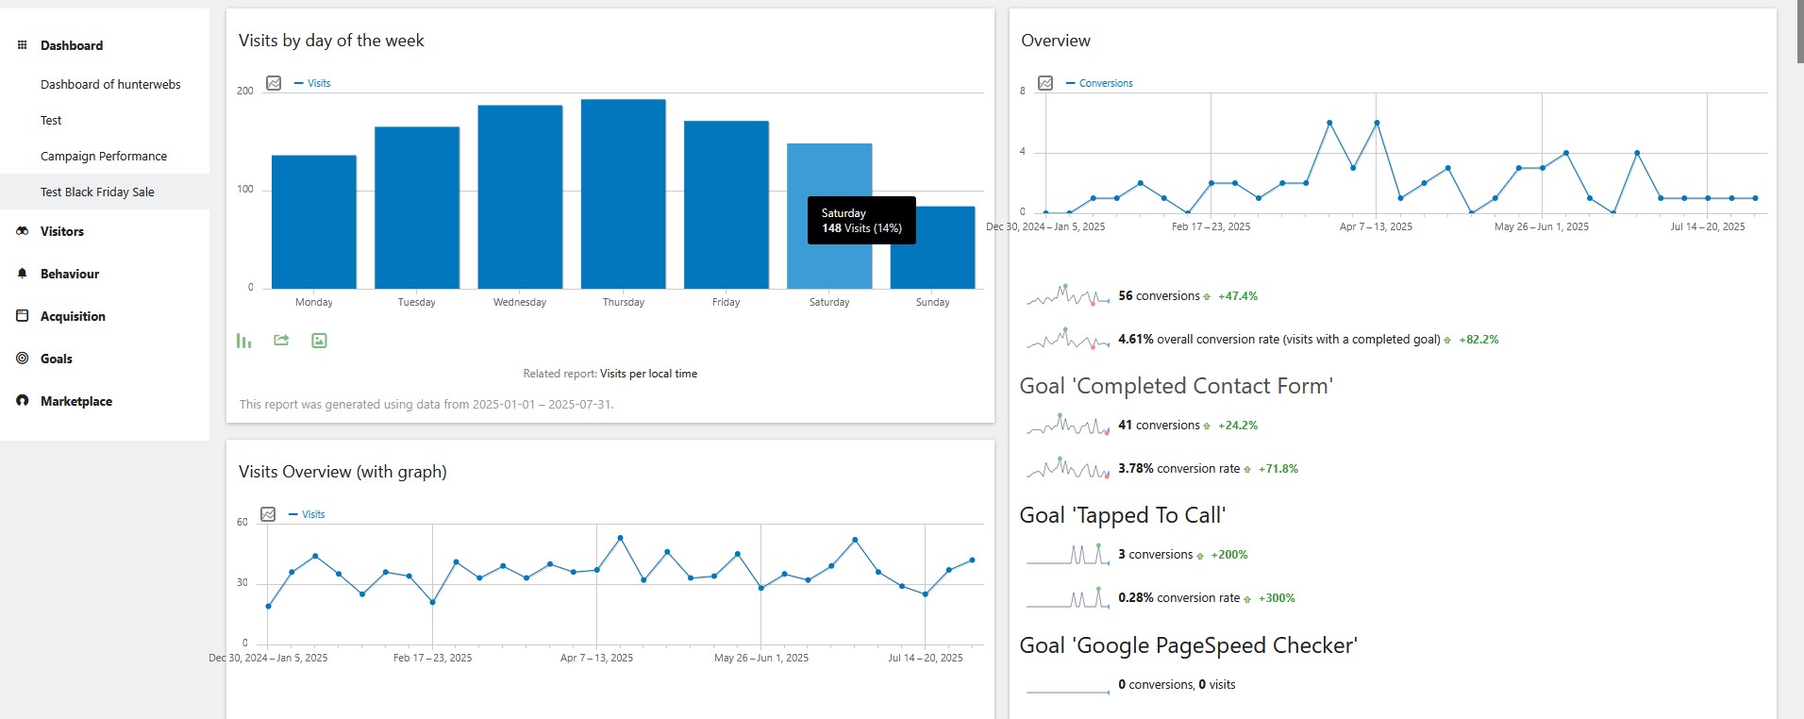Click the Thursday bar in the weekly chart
[x=623, y=193]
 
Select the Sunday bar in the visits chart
[x=932, y=247]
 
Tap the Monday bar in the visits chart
[x=314, y=222]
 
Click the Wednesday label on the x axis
[x=520, y=302]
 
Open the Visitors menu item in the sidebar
[x=62, y=231]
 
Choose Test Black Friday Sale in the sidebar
[x=97, y=192]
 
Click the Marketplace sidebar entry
[x=76, y=401]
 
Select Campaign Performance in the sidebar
[x=104, y=156]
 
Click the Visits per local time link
[x=649, y=374]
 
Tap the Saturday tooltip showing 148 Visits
[x=861, y=220]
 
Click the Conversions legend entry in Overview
[x=1106, y=83]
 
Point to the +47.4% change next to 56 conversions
[x=1238, y=295]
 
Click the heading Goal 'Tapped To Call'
[x=1123, y=515]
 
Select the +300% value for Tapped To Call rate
[x=1277, y=597]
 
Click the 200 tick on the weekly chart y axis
[x=245, y=91]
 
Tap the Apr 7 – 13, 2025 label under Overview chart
[x=1376, y=226]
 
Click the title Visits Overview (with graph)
[x=342, y=472]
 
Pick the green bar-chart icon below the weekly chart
[x=244, y=341]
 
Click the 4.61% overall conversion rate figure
[x=1136, y=339]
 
